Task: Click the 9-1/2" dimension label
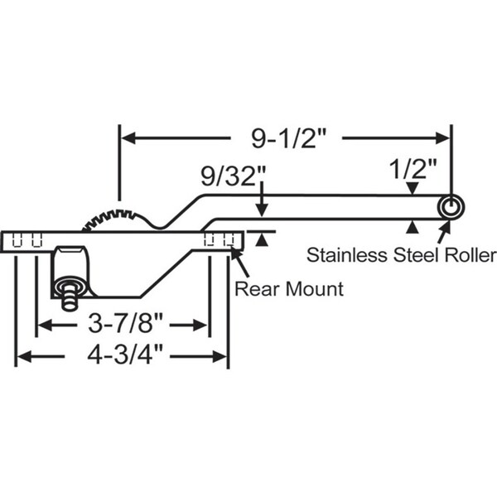tap(288, 138)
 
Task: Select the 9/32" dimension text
tap(234, 176)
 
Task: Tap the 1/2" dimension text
tap(413, 169)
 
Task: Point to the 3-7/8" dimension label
tap(126, 324)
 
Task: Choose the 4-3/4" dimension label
tap(125, 355)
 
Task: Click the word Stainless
tap(347, 255)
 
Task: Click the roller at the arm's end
tap(451, 207)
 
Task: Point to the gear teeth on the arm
tap(111, 219)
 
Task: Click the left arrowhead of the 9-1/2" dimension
tap(128, 138)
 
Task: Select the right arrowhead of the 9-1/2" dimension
tap(443, 138)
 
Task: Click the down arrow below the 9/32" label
tap(262, 199)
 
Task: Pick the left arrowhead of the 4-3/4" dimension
tap(24, 356)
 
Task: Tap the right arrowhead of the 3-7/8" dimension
tap(200, 326)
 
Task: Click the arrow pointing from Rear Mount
tap(240, 262)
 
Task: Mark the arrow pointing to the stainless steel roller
tap(444, 232)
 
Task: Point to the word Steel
tap(416, 255)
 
